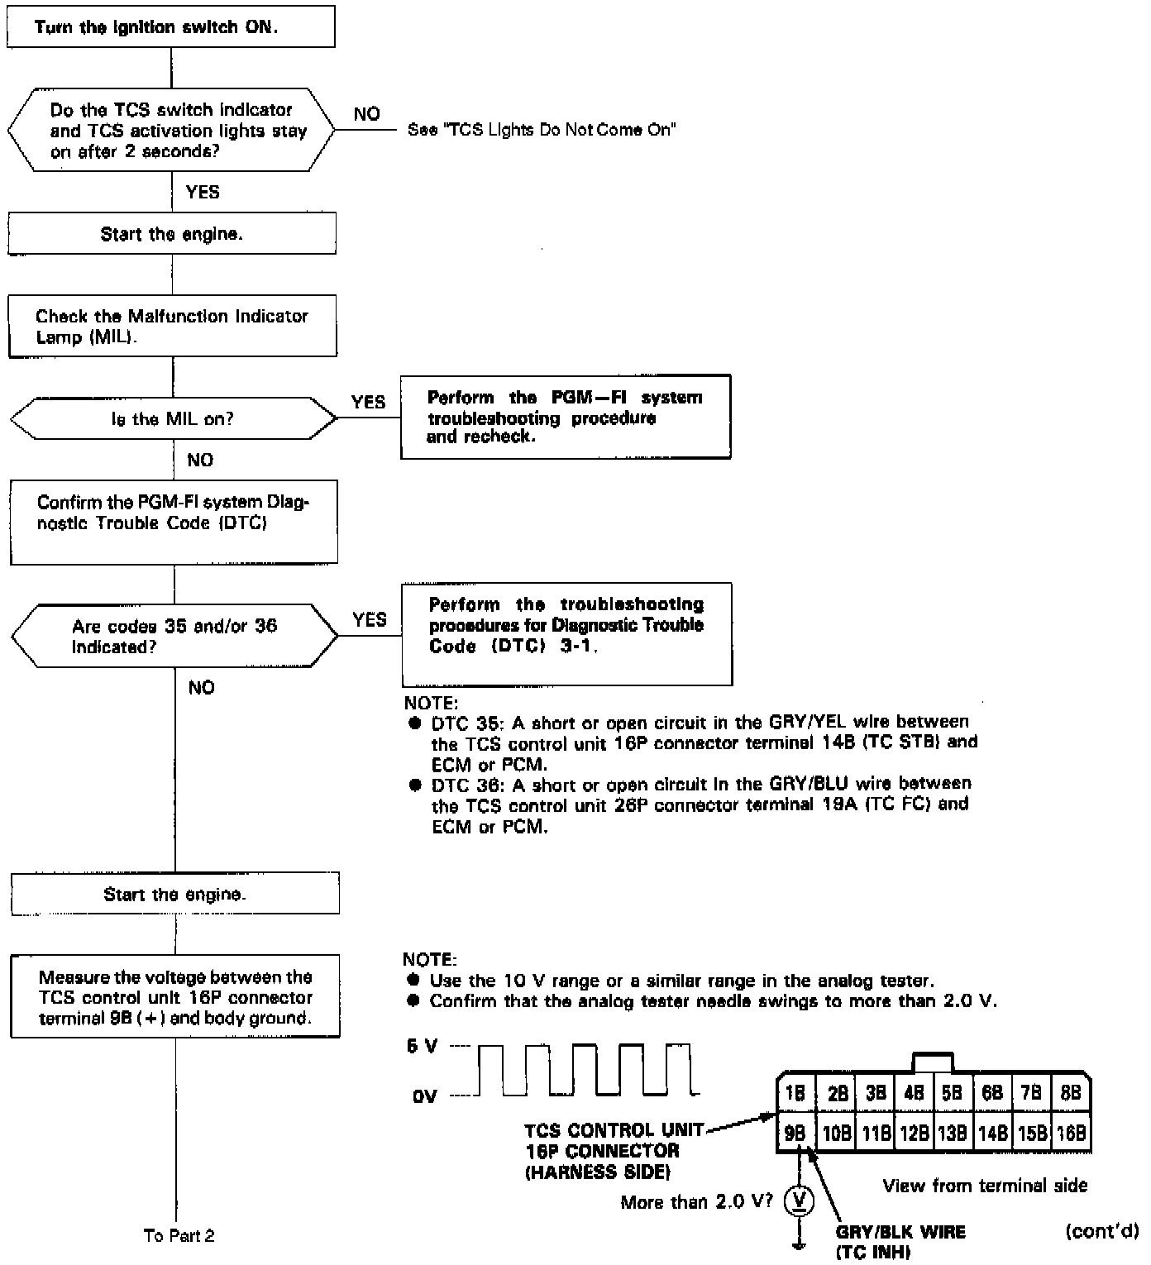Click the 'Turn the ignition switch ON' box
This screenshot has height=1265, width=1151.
[x=170, y=26]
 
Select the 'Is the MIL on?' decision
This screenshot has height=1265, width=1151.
[x=173, y=419]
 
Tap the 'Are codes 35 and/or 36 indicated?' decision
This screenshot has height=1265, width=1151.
[x=174, y=636]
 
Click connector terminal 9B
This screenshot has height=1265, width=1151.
[x=795, y=1133]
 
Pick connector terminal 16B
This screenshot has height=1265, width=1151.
[x=1071, y=1133]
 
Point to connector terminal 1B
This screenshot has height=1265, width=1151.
[x=795, y=1094]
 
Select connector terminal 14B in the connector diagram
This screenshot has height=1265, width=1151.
[x=992, y=1133]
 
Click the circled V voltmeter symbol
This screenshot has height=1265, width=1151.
[x=799, y=1201]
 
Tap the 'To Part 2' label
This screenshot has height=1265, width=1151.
[x=179, y=1235]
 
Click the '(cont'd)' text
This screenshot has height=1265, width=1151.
[x=1101, y=1231]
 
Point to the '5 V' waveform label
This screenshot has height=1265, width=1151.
[x=422, y=1047]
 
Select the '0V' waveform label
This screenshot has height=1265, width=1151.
[x=424, y=1096]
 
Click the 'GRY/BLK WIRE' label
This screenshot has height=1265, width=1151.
[x=900, y=1232]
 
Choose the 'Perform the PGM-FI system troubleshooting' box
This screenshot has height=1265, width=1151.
[x=566, y=417]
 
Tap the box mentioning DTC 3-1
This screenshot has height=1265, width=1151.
[x=566, y=634]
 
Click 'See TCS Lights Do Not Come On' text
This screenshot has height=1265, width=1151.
[x=542, y=130]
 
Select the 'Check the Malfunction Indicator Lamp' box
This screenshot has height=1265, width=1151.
[x=172, y=326]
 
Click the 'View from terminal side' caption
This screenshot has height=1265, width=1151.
[x=985, y=1186]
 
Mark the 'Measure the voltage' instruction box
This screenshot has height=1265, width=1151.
[x=175, y=996]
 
